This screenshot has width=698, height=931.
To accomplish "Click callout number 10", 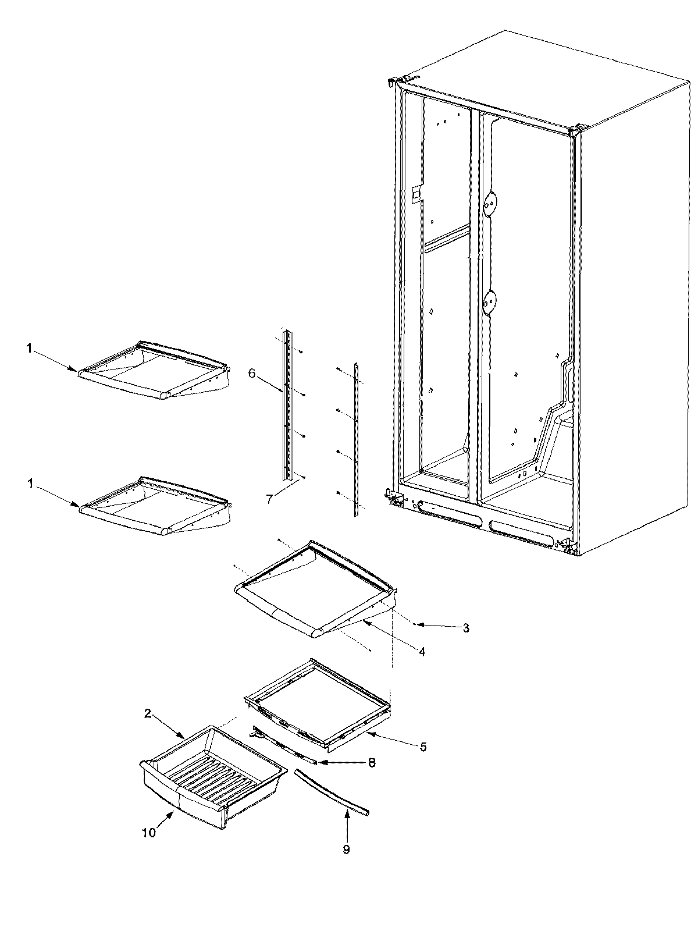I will pos(148,833).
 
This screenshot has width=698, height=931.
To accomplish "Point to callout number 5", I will pos(423,747).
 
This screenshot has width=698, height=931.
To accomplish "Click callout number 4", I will pos(422,652).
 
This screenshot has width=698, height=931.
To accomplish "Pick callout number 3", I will pos(466,628).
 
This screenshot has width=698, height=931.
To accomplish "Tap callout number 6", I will pos(251,374).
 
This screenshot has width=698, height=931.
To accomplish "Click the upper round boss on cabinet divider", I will pos(492,202).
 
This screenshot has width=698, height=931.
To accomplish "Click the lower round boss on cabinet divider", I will pos(492,301).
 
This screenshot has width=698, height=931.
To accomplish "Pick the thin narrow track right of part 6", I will pos(355,439).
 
